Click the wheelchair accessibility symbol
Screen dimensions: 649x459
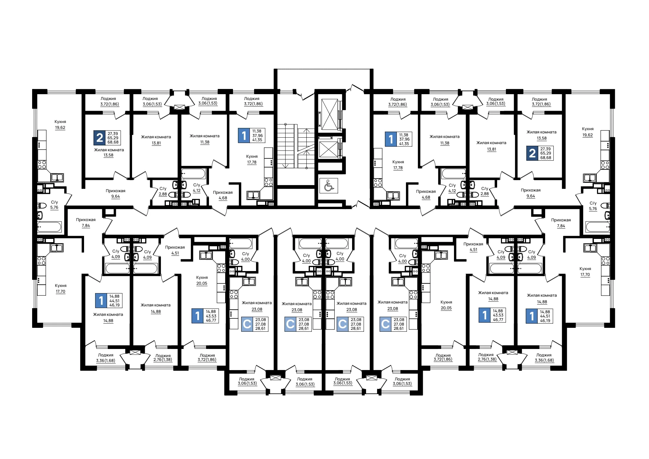(x=329, y=186)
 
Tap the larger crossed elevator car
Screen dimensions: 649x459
(x=329, y=115)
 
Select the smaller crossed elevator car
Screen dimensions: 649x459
(x=328, y=150)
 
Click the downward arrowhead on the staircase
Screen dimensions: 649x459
(x=286, y=166)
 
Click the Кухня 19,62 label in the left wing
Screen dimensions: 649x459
(x=60, y=125)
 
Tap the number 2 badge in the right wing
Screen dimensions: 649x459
(x=532, y=153)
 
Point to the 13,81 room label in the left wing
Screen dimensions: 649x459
(x=156, y=140)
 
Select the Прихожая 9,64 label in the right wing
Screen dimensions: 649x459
(x=531, y=193)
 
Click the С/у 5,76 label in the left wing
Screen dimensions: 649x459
(x=54, y=205)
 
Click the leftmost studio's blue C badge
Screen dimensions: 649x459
(x=247, y=324)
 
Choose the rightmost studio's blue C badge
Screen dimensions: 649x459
(x=385, y=324)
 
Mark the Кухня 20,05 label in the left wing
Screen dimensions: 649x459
(x=202, y=280)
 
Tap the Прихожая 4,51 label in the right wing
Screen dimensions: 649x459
(x=473, y=247)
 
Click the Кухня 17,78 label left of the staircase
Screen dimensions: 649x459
(x=252, y=159)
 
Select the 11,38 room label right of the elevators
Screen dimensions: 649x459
(x=445, y=140)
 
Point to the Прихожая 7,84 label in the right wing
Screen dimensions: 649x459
(x=561, y=223)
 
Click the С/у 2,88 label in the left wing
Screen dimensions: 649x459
(x=163, y=192)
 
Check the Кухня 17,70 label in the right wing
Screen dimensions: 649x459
(x=585, y=272)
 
